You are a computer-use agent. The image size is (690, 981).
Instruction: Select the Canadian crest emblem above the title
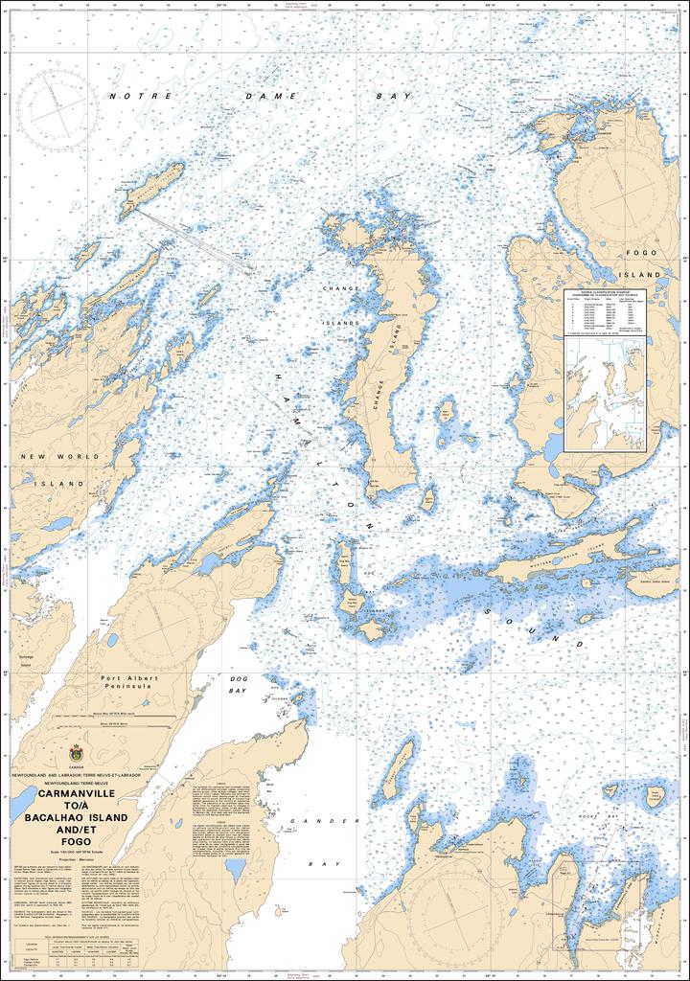pyautogui.click(x=76, y=753)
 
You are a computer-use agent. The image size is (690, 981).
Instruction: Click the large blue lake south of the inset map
pyautogui.click(x=553, y=447)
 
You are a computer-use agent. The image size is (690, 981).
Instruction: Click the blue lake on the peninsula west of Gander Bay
pyautogui.click(x=235, y=870)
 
